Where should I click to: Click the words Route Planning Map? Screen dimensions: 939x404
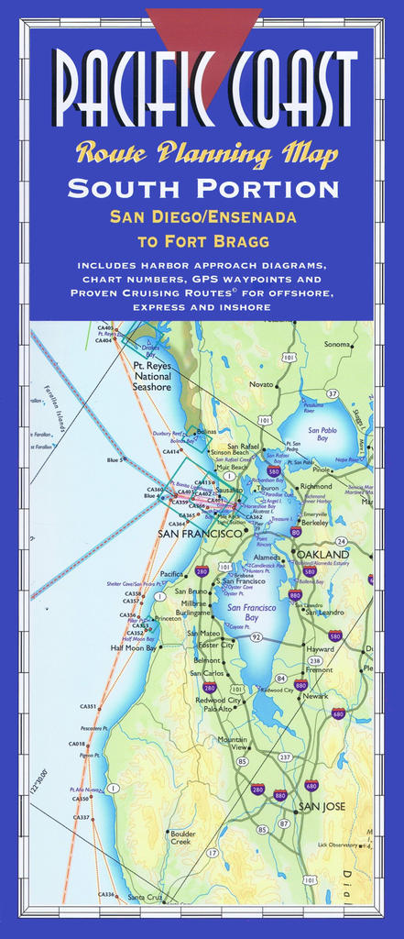pyautogui.click(x=206, y=153)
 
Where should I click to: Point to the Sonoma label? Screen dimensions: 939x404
pyautogui.click(x=337, y=344)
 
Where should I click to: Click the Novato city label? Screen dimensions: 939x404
pyautogui.click(x=261, y=384)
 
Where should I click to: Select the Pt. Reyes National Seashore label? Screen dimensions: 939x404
pyautogui.click(x=152, y=376)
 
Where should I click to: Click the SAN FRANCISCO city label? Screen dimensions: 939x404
pyautogui.click(x=199, y=533)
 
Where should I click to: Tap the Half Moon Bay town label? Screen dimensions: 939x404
pyautogui.click(x=134, y=647)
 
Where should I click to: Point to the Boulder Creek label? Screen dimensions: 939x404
pyautogui.click(x=181, y=837)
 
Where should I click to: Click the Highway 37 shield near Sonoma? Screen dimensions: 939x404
pyautogui.click(x=333, y=393)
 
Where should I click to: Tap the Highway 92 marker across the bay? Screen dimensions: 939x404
pyautogui.click(x=257, y=636)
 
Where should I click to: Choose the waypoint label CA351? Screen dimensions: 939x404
pyautogui.click(x=88, y=706)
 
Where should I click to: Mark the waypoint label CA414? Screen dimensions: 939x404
pyautogui.click(x=170, y=451)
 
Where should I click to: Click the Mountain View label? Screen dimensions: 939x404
pyautogui.click(x=232, y=743)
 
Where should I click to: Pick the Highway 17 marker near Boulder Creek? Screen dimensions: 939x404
pyautogui.click(x=213, y=853)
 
